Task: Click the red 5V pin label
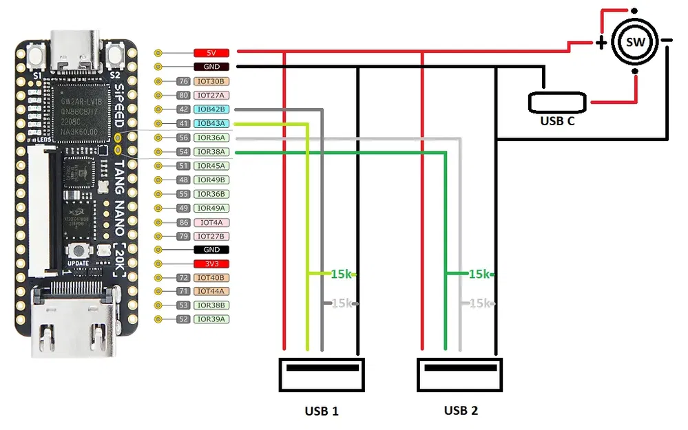click(x=211, y=52)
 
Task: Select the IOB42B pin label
click(x=211, y=109)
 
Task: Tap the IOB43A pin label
click(x=211, y=123)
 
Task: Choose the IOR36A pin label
click(x=211, y=138)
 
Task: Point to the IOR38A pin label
click(x=211, y=151)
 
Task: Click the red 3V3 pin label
click(x=211, y=264)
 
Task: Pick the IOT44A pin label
click(x=211, y=292)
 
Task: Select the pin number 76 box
click(x=183, y=81)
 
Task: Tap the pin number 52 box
click(x=183, y=319)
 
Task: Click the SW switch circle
click(x=635, y=42)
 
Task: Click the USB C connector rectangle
click(x=557, y=103)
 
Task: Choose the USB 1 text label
click(x=322, y=411)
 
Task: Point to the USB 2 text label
click(x=461, y=411)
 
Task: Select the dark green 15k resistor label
click(x=479, y=274)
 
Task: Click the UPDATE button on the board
click(x=80, y=251)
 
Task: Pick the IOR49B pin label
click(x=211, y=180)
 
